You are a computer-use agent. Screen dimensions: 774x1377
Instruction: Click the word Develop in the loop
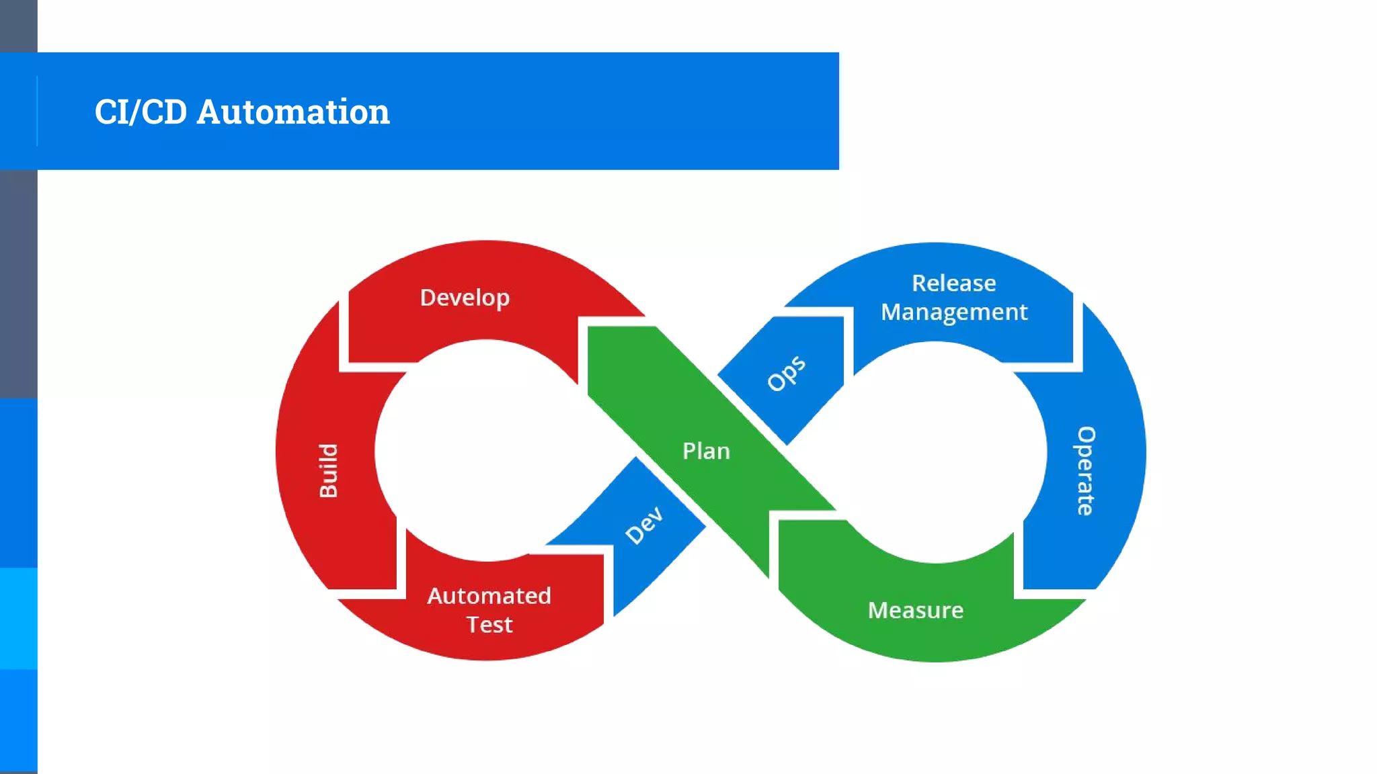click(x=465, y=298)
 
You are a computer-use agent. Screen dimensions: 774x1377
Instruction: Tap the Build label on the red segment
click(x=328, y=470)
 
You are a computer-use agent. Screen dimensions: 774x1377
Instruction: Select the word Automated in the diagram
click(x=489, y=596)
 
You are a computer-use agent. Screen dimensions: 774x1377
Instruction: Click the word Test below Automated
click(x=489, y=625)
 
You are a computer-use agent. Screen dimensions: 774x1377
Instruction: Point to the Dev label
click(x=644, y=525)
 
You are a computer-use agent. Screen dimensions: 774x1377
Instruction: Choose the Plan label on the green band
click(x=706, y=451)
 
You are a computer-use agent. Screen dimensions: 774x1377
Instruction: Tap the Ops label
click(x=786, y=373)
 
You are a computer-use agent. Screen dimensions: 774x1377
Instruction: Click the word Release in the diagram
click(x=953, y=283)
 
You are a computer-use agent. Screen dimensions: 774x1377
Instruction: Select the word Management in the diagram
click(x=954, y=312)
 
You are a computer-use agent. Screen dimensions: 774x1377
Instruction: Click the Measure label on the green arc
click(x=915, y=610)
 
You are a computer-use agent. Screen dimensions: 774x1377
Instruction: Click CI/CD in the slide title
click(x=141, y=112)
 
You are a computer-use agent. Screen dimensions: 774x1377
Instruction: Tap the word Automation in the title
click(x=293, y=112)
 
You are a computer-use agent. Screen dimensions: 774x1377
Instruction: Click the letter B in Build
click(x=328, y=489)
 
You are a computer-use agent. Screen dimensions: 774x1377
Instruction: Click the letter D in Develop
click(x=428, y=298)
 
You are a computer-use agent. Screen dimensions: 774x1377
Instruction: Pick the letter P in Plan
click(x=688, y=451)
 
